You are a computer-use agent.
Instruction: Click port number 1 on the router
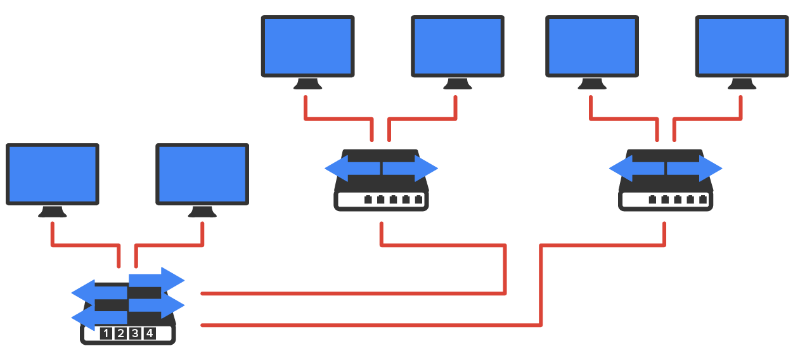[106, 333]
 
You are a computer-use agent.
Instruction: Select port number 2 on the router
[120, 333]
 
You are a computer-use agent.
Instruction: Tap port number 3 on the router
[135, 333]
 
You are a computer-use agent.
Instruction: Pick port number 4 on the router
[150, 333]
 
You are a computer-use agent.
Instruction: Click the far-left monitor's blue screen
[53, 173]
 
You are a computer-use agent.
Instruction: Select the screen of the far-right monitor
[742, 46]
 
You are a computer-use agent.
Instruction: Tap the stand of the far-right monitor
[742, 84]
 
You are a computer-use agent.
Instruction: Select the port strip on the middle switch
[380, 200]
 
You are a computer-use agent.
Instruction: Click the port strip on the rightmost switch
[665, 200]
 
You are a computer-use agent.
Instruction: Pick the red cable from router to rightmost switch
[368, 325]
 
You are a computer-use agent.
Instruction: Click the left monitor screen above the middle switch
[307, 46]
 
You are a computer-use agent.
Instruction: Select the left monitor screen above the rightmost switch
[592, 46]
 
